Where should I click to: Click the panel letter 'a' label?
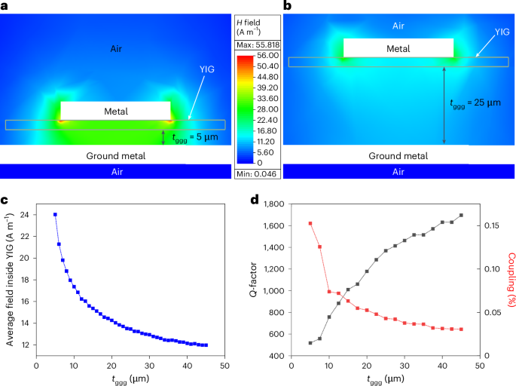pos(5,6)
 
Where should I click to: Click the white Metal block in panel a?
pos(115,111)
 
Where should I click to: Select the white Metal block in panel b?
pos(398,48)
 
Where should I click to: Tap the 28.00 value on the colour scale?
pos(267,109)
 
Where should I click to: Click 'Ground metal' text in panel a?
pos(115,156)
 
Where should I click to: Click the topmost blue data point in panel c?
pos(55,215)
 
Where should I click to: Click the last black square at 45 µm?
pos(461,216)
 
